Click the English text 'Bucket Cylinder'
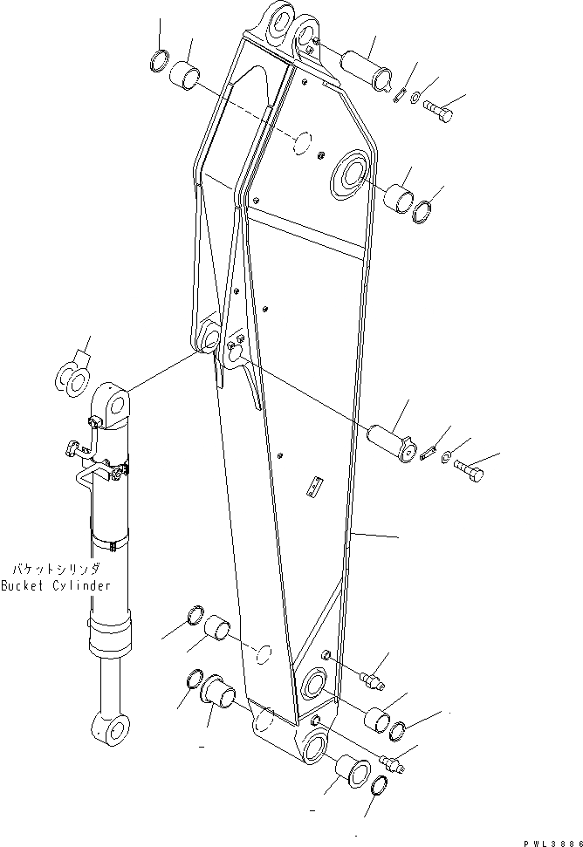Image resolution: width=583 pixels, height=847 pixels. coord(56,585)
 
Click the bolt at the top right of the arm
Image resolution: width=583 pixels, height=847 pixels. coord(438,112)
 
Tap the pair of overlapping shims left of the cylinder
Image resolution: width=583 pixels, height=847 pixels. coord(74,377)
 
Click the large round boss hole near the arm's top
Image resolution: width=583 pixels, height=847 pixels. coord(349,171)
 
